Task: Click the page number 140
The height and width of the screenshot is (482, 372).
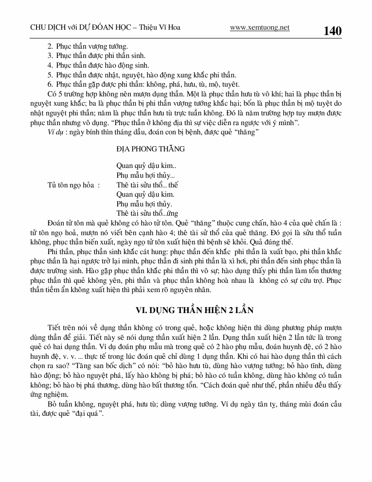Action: pyautogui.click(x=332, y=31)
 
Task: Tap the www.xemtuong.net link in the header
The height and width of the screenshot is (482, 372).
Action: pyautogui.click(x=260, y=28)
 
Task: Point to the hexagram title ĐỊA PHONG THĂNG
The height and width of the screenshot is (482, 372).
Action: pyautogui.click(x=151, y=148)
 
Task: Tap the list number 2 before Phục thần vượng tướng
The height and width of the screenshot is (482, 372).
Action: pyautogui.click(x=50, y=47)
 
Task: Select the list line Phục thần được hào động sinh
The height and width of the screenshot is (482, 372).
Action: pyautogui.click(x=103, y=65)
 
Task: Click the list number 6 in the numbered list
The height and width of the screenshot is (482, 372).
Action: pyautogui.click(x=50, y=84)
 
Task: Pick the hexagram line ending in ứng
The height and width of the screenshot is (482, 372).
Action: pyautogui.click(x=147, y=213)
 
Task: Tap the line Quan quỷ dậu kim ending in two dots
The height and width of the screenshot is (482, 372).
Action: pyautogui.click(x=143, y=166)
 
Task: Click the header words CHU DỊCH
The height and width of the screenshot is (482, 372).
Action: pyautogui.click(x=44, y=28)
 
